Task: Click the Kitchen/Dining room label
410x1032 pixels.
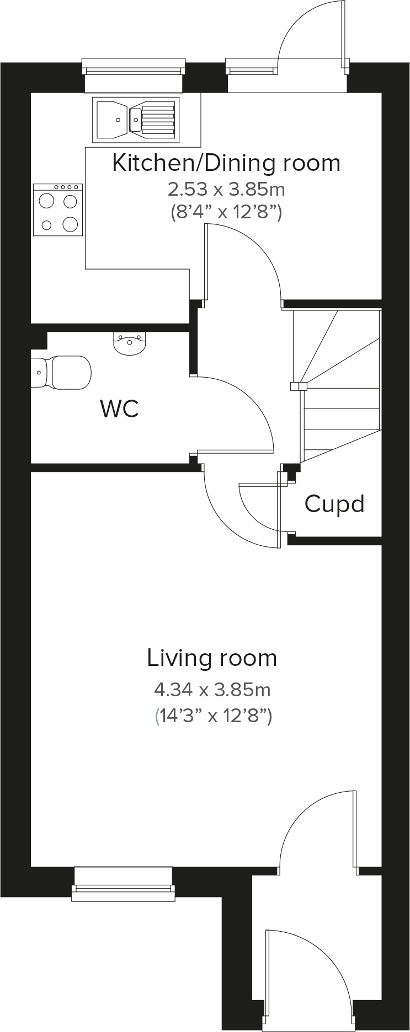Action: pos(226,163)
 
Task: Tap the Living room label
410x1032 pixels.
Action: pos(212,658)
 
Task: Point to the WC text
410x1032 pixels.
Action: pos(119,409)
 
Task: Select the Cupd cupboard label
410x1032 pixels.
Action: pos(334,504)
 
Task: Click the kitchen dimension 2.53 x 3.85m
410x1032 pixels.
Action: pos(226,190)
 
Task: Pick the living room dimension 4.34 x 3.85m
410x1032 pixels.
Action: pos(212,689)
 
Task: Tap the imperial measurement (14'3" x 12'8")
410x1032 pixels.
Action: pos(212,716)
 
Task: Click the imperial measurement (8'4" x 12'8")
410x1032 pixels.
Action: pos(226,212)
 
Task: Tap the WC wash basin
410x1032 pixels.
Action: pos(130,343)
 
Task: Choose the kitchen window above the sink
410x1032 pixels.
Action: pos(133,69)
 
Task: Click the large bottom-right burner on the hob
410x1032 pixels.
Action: pos(70,224)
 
